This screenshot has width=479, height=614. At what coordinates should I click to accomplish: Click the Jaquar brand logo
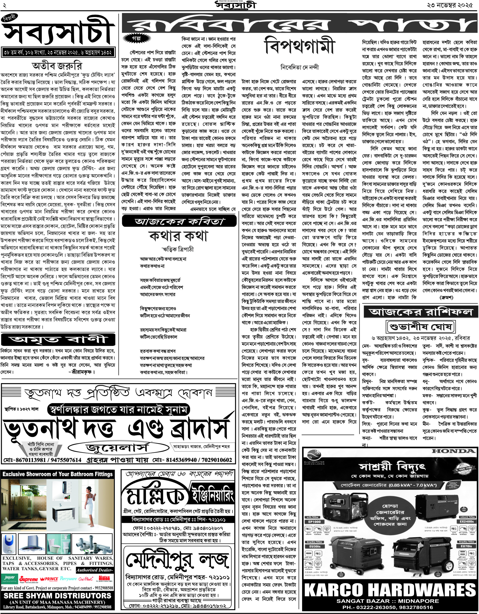pos(9,579)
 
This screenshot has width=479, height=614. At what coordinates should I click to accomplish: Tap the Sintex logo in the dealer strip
pos(104,579)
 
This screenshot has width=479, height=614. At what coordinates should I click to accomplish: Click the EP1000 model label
pos(314,522)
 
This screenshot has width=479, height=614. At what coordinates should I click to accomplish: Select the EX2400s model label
pos(467,522)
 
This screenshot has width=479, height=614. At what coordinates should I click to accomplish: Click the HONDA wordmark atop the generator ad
pos(453,451)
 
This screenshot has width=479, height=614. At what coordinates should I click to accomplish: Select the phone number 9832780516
pos(415,607)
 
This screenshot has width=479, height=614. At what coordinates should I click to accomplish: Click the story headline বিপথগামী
pos(300,46)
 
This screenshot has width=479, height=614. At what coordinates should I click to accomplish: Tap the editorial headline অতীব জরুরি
pos(57,66)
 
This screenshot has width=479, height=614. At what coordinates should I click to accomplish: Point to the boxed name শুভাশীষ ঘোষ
pos(421,327)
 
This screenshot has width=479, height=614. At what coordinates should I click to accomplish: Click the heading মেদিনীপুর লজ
pos(177,560)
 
